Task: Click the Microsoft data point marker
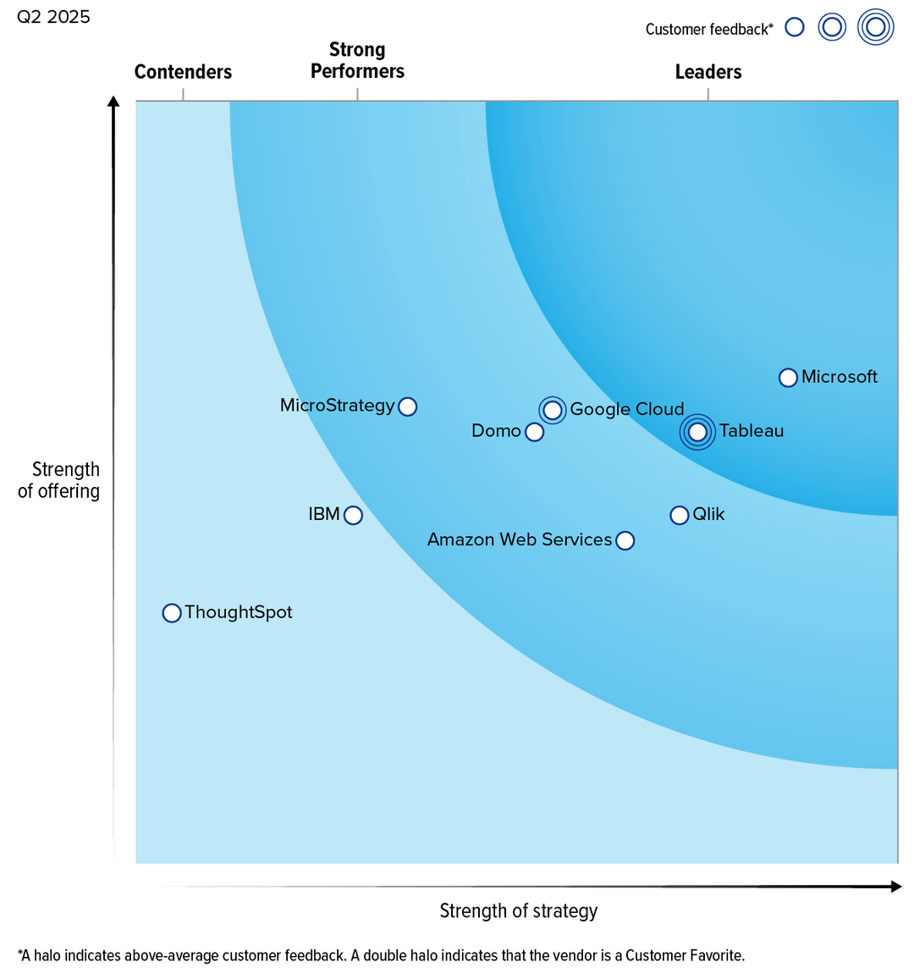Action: (x=787, y=378)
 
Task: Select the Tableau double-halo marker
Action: (x=697, y=432)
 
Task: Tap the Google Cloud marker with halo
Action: (x=553, y=410)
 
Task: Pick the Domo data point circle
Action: (x=534, y=432)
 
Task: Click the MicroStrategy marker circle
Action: (x=407, y=406)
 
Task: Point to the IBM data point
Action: (x=353, y=515)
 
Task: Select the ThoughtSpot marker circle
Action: (x=172, y=613)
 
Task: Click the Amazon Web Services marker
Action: (x=625, y=540)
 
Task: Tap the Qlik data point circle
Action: (x=679, y=515)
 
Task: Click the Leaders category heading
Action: (x=708, y=72)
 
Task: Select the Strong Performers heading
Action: (x=357, y=60)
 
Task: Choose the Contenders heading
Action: (x=183, y=72)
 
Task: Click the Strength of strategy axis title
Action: (x=518, y=911)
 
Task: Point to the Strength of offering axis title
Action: (x=59, y=480)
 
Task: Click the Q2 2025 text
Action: (x=53, y=17)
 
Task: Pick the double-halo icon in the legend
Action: (x=875, y=27)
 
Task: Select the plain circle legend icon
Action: (x=794, y=27)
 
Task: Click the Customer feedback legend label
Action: (x=708, y=30)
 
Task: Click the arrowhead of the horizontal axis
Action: (x=896, y=887)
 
